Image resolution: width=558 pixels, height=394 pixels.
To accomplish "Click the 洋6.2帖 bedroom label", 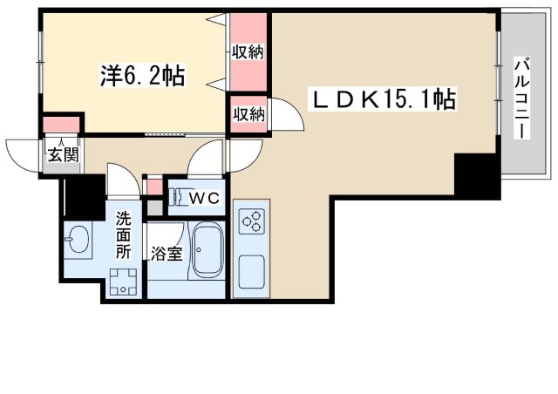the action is (x=142, y=76).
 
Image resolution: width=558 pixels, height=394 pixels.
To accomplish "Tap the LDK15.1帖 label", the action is (x=383, y=99).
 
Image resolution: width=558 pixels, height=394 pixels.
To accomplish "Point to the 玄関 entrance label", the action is (x=63, y=155).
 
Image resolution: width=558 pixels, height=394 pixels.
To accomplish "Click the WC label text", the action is (x=204, y=198).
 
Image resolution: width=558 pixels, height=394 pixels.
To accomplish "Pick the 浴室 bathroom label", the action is (x=167, y=254).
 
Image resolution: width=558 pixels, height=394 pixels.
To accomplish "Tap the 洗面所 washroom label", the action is (x=124, y=234).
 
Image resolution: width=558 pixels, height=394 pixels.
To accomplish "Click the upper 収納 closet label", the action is (x=248, y=52).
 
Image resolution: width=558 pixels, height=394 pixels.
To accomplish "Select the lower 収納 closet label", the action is (x=249, y=114).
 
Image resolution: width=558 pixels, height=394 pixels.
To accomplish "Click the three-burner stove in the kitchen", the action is (x=252, y=221).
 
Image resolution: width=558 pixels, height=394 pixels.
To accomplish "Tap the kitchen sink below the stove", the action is (x=251, y=272).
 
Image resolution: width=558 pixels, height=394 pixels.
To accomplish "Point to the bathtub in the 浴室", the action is (x=208, y=250).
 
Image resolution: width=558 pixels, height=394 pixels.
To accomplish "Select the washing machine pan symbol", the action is (x=123, y=282).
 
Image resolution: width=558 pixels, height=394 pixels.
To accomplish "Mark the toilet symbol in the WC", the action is (x=180, y=197).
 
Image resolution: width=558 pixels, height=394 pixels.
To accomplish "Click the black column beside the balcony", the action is (x=477, y=175).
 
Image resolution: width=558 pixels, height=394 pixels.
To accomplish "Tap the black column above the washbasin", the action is (x=85, y=198).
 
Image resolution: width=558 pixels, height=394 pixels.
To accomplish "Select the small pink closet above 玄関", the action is (x=61, y=125).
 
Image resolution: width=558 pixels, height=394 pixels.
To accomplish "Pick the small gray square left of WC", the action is (x=155, y=207).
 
